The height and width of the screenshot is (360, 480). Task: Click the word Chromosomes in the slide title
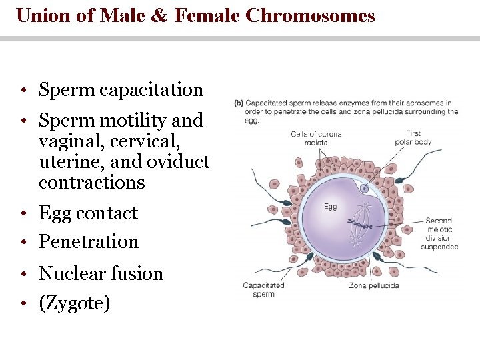pyautogui.click(x=310, y=15)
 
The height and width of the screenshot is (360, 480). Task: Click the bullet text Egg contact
pyautogui.click(x=88, y=213)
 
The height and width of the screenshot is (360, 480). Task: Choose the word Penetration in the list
pyautogui.click(x=88, y=242)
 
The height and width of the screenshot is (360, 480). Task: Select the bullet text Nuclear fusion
pyautogui.click(x=101, y=273)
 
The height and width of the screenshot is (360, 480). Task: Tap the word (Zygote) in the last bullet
pyautogui.click(x=74, y=304)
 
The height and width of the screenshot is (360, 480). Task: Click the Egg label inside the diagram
pyautogui.click(x=330, y=207)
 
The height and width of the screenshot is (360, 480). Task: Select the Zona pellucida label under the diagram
pyautogui.click(x=374, y=285)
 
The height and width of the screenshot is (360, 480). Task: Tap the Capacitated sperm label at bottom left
pyautogui.click(x=263, y=289)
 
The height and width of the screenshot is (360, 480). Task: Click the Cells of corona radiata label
pyautogui.click(x=316, y=138)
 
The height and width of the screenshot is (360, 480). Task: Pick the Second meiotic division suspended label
pyautogui.click(x=439, y=233)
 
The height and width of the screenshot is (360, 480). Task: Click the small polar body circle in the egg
pyautogui.click(x=365, y=189)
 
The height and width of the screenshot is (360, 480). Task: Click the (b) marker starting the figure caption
pyautogui.click(x=238, y=103)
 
